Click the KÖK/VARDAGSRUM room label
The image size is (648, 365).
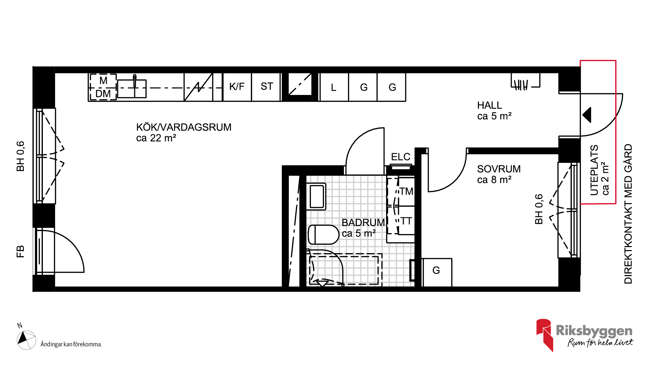[x=184, y=127]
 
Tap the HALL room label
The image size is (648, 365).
[x=489, y=105]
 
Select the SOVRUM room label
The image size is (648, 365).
[x=499, y=169]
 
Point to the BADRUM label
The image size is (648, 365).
[x=363, y=223]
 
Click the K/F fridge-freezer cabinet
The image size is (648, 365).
[x=237, y=87]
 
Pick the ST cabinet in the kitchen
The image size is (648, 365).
[x=266, y=87]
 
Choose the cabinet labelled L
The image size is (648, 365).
[x=334, y=87]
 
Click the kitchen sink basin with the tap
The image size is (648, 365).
[x=132, y=88]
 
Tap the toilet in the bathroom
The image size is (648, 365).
[x=323, y=235]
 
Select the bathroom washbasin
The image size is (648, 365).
[x=316, y=196]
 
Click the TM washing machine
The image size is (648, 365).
[x=401, y=191]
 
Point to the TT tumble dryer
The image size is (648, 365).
[x=401, y=221]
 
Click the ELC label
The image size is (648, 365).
[x=401, y=157]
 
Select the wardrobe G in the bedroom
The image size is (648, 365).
[x=436, y=272]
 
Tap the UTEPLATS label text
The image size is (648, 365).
[x=594, y=170]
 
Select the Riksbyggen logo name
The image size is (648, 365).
[x=594, y=331]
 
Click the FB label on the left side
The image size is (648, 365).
[x=20, y=252]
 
